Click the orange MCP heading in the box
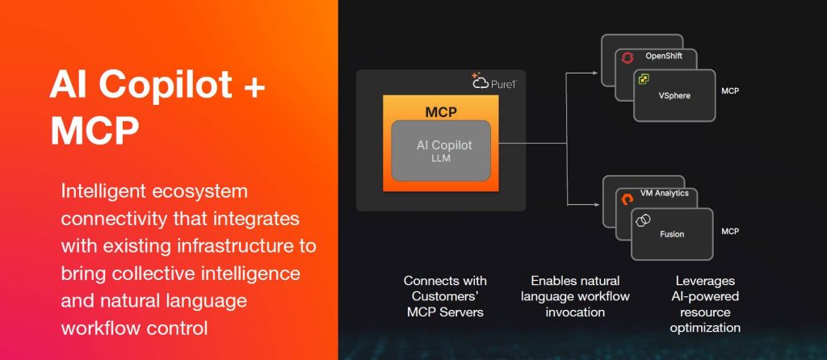[x=441, y=110]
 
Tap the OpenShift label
[x=664, y=56]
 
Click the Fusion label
[x=671, y=234]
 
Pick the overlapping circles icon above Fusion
[x=644, y=220]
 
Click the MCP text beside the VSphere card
[x=730, y=91]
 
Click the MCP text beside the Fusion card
[x=730, y=232]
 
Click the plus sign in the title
[x=252, y=86]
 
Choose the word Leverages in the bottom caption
[x=705, y=281]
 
